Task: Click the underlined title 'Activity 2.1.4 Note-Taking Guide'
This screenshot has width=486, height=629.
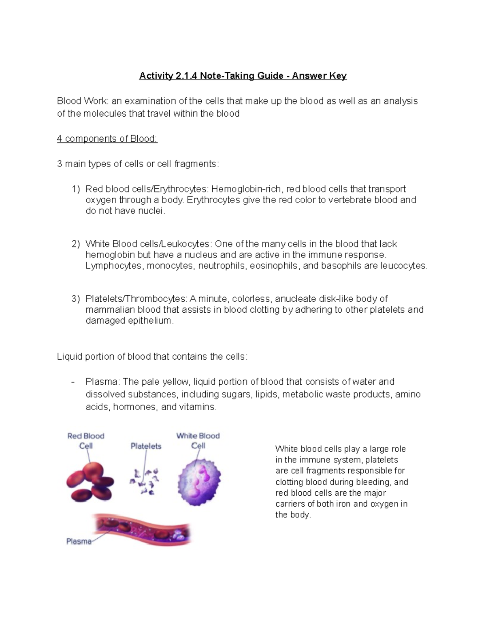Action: [x=211, y=76]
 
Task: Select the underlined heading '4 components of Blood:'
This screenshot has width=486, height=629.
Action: [x=107, y=139]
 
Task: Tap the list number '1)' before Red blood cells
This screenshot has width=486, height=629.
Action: [x=76, y=189]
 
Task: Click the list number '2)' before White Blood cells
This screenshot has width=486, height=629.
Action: [x=76, y=244]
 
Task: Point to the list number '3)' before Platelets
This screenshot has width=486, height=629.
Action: [x=76, y=299]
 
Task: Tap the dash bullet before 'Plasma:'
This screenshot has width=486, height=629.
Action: [x=73, y=382]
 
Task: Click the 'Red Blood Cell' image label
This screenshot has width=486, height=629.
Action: [x=86, y=441]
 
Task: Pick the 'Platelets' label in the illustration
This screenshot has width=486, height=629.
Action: [x=146, y=446]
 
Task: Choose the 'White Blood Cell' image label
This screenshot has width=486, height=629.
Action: [x=198, y=441]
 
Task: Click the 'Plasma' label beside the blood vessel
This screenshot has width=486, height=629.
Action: [x=79, y=542]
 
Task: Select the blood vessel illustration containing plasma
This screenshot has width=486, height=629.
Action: [x=142, y=529]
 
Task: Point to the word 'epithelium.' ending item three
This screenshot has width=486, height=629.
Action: [x=151, y=321]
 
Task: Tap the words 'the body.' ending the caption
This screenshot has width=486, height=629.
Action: [x=293, y=515]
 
